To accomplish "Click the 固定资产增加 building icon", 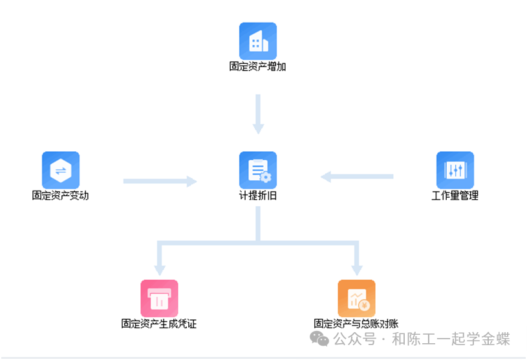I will pyautogui.click(x=258, y=41).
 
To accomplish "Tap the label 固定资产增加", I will pyautogui.click(x=257, y=66).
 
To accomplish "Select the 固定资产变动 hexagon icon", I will pyautogui.click(x=61, y=170).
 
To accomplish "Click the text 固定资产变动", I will pyautogui.click(x=60, y=195).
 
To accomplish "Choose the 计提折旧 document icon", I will pyautogui.click(x=258, y=170).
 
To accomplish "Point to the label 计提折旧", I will pyautogui.click(x=258, y=195).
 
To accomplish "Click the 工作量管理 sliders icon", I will pyautogui.click(x=455, y=170).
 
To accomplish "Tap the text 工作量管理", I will pyautogui.click(x=455, y=195).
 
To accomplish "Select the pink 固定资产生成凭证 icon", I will pyautogui.click(x=159, y=298).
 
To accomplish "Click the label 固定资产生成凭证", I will pyautogui.click(x=159, y=323).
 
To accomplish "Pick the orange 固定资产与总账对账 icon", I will pyautogui.click(x=356, y=298).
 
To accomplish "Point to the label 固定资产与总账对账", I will pyautogui.click(x=356, y=323).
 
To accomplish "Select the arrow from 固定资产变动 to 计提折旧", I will pyautogui.click(x=160, y=182).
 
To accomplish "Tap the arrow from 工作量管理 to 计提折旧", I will pyautogui.click(x=358, y=176).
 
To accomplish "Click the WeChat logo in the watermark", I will pyautogui.click(x=319, y=339).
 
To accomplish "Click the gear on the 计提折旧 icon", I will pyautogui.click(x=265, y=176).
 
